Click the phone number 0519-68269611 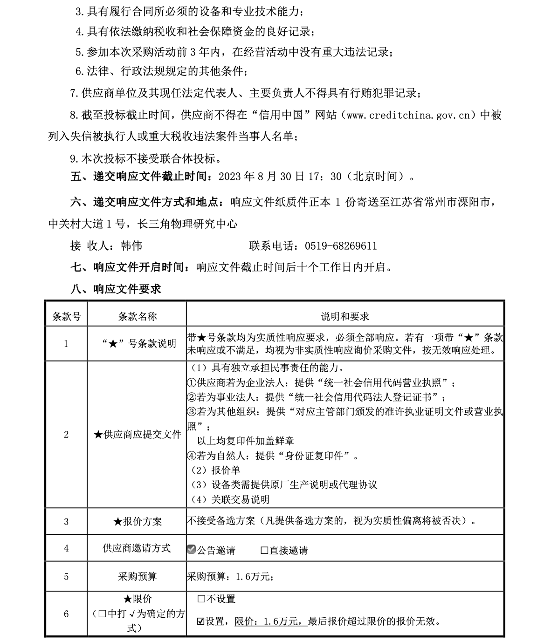click(x=341, y=245)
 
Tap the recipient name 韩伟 click(x=131, y=245)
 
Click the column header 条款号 click(x=66, y=317)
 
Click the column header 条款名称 click(x=137, y=317)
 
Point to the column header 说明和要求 click(x=345, y=317)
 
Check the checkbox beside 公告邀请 click(x=191, y=550)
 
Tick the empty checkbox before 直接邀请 click(x=264, y=550)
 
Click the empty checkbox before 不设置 click(x=201, y=599)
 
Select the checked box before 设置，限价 click(x=201, y=621)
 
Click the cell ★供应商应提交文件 click(x=137, y=434)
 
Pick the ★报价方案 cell click(x=137, y=521)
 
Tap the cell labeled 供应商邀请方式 click(x=137, y=548)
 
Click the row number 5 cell click(x=66, y=577)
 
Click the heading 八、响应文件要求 click(x=116, y=289)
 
